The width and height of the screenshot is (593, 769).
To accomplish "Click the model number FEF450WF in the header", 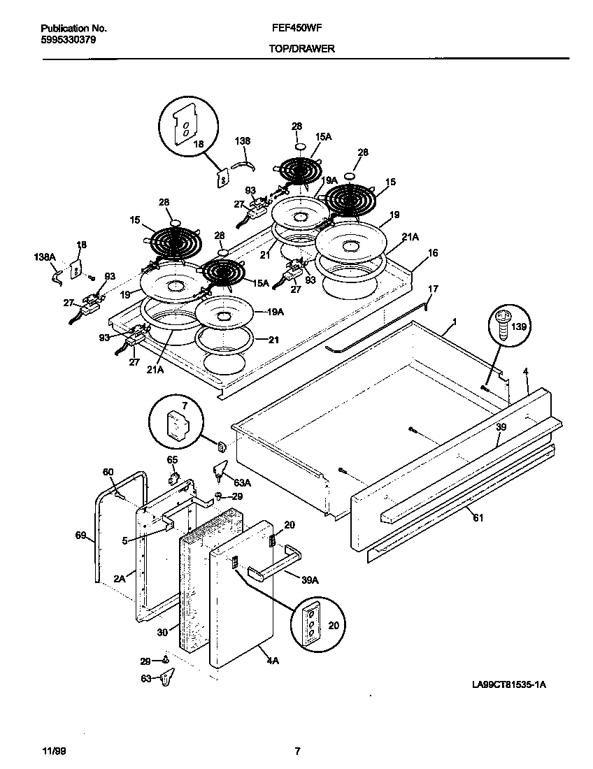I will click(x=291, y=29).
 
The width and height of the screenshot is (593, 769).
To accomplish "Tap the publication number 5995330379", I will click(x=69, y=40).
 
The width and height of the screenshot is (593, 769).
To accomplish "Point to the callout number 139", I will click(x=520, y=326).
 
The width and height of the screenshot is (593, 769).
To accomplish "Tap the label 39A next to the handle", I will click(x=311, y=580).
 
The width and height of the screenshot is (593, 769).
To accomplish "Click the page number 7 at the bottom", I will click(x=297, y=752).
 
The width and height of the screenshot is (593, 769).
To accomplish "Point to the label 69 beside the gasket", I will click(x=80, y=536).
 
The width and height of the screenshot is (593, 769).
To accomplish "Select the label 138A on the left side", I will click(x=44, y=257).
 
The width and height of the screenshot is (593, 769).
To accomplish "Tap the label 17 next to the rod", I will click(x=433, y=288).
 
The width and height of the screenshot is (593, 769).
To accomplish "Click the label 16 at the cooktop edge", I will click(x=433, y=252).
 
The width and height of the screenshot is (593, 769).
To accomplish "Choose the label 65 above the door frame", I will click(x=172, y=459).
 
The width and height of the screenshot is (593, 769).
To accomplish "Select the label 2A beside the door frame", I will click(x=119, y=578).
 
